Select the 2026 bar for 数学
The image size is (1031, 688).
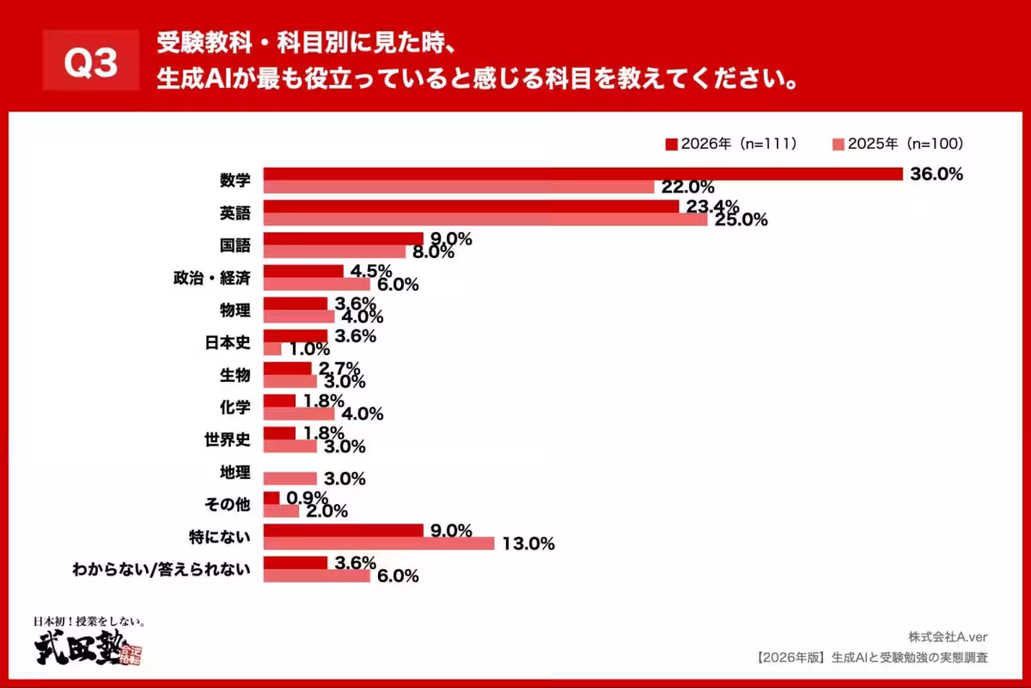point(582,174)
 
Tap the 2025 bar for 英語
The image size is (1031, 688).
point(485,219)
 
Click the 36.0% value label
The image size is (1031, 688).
point(936,174)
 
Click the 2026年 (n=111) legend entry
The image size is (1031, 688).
point(732,144)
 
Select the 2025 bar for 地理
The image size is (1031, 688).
point(290,478)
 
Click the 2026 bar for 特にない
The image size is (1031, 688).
point(343,531)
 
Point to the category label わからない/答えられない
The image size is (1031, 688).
point(162,569)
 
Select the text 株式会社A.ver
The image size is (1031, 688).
point(948,637)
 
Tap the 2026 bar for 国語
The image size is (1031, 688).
point(343,238)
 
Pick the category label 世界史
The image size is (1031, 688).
point(227,439)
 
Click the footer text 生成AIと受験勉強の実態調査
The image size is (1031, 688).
point(911,658)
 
